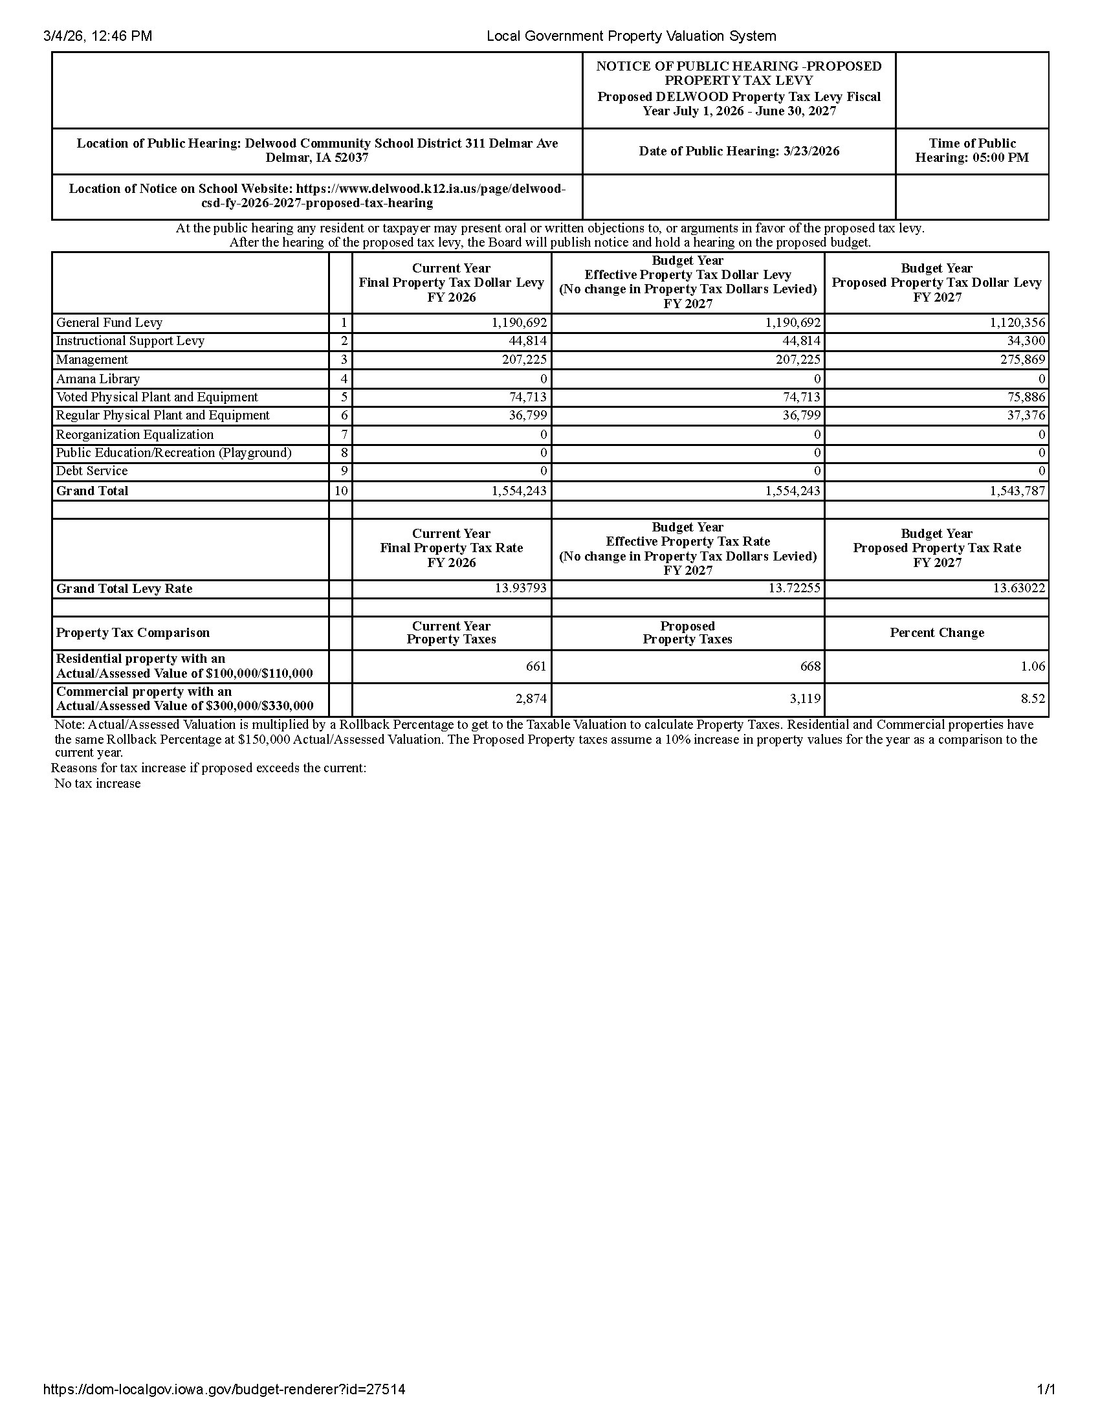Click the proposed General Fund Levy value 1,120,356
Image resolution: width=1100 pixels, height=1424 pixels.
click(1017, 323)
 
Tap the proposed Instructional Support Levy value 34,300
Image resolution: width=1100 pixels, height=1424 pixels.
click(1026, 341)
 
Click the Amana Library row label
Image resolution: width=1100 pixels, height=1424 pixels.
click(98, 379)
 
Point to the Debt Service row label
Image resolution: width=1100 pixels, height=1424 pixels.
click(92, 471)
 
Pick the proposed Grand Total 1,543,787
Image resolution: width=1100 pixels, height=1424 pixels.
click(1017, 491)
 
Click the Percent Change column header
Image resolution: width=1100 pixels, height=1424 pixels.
click(936, 632)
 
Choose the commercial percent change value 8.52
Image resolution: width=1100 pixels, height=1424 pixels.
click(1033, 699)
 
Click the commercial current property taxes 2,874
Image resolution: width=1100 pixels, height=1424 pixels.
click(531, 699)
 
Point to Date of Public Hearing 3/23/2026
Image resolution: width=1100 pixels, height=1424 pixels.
click(739, 151)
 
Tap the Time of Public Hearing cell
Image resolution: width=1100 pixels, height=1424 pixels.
click(972, 151)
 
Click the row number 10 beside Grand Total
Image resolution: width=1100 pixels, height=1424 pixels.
click(341, 491)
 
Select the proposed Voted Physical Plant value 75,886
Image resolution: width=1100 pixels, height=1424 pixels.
click(1026, 397)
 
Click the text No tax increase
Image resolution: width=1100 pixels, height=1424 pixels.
click(98, 784)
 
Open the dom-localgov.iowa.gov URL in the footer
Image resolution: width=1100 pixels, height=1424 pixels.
click(224, 1390)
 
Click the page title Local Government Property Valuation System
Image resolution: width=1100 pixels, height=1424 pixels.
click(631, 36)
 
